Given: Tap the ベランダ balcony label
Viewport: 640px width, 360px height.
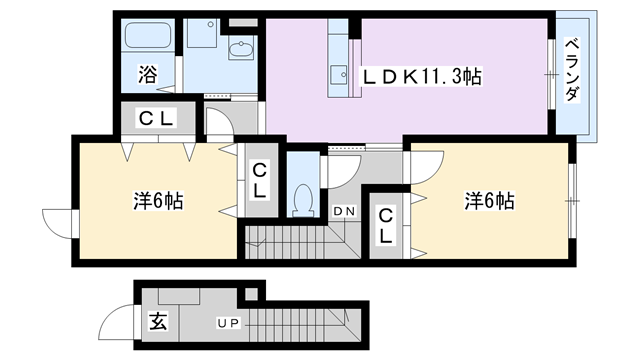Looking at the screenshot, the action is click(572, 69).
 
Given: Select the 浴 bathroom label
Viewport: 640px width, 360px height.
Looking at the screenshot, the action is click(147, 74).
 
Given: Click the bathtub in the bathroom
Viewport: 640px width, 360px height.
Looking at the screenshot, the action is click(147, 35).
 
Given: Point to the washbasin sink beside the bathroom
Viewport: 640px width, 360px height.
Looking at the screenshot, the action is click(241, 49).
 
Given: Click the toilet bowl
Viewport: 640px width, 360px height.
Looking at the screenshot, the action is click(303, 200).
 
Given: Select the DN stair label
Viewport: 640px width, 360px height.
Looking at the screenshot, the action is click(344, 211).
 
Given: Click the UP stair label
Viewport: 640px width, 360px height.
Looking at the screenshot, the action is click(229, 324).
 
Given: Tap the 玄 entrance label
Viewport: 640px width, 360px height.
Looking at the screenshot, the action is click(158, 321).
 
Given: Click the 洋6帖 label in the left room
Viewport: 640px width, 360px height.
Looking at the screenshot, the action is click(158, 201).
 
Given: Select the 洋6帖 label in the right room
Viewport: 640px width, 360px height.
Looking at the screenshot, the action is click(489, 201).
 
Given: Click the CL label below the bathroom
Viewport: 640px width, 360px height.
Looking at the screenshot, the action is click(157, 118).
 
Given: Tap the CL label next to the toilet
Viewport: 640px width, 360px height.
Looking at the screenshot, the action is click(259, 181).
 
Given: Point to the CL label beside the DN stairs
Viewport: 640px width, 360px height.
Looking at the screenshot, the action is click(385, 226).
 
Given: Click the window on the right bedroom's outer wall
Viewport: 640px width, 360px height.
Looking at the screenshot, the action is click(572, 200).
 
